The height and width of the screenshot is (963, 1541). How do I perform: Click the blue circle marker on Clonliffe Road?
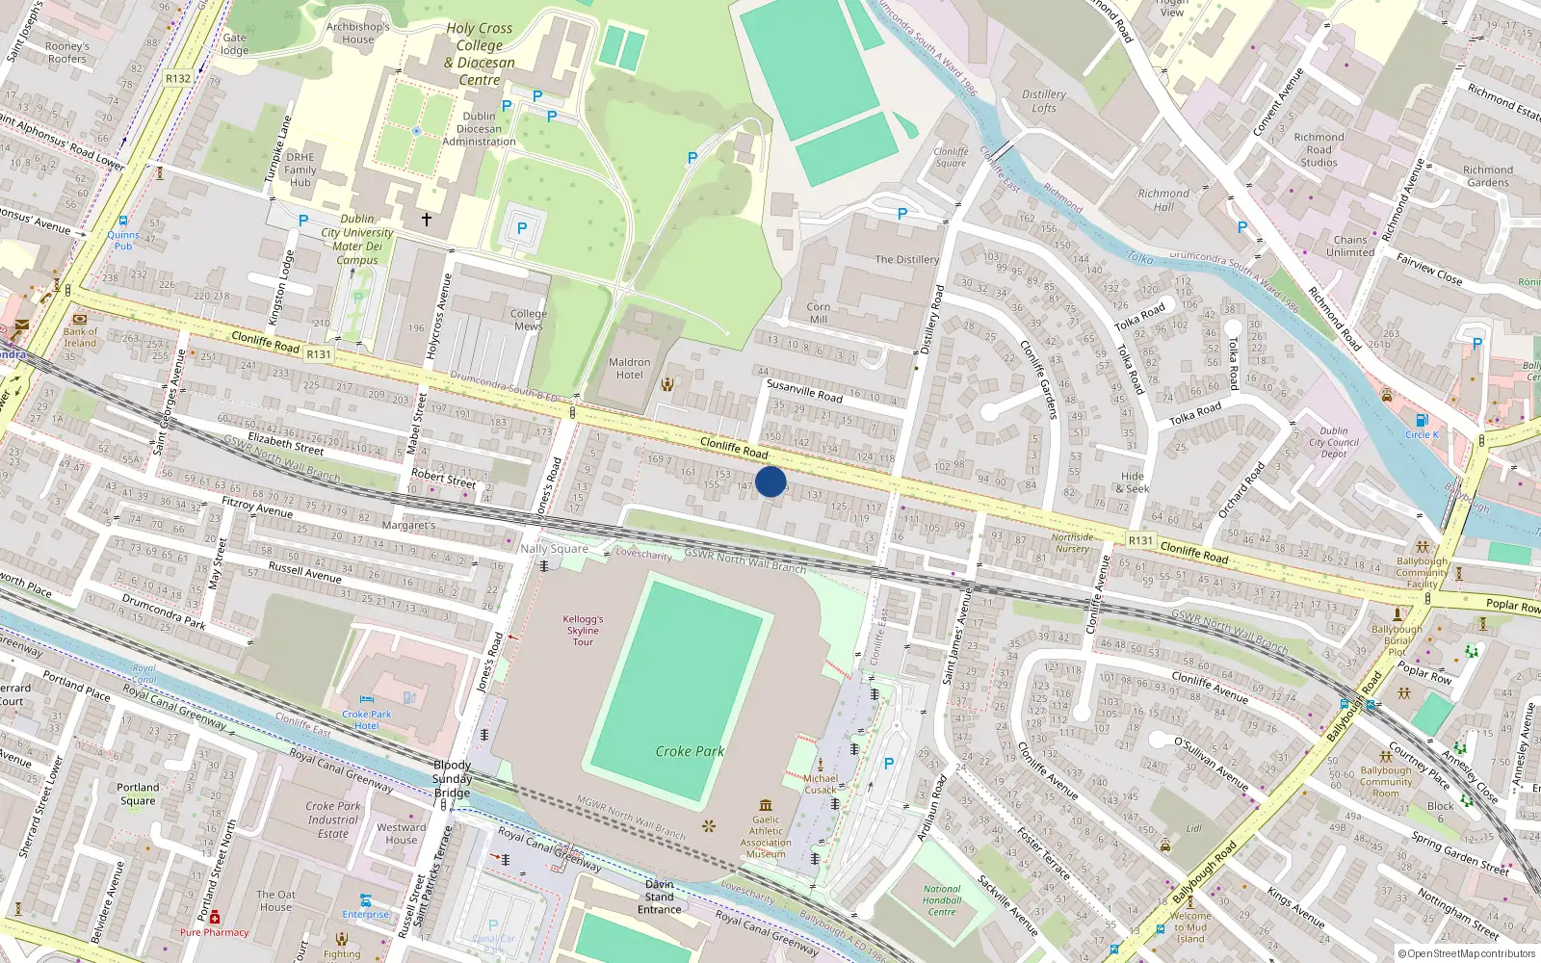coord(770,481)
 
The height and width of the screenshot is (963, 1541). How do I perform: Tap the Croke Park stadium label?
coord(690,751)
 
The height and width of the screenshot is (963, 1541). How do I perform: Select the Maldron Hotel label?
coord(629,369)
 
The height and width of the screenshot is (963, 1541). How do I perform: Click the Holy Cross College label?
coord(480,54)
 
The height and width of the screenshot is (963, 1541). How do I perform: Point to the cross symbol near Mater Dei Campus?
coord(426,220)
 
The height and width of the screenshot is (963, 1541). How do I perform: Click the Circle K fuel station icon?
coord(1422,420)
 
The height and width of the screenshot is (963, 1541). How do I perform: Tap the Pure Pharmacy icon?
coord(214,918)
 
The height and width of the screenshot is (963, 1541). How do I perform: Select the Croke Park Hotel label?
coord(366,719)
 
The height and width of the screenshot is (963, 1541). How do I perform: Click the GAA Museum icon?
coord(766,805)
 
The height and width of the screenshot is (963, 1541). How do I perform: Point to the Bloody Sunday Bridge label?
coord(452,779)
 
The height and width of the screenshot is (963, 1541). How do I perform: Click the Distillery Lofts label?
coord(1044,101)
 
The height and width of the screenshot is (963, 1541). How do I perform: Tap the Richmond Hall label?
coord(1163,199)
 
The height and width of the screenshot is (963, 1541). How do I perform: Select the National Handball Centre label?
coord(942,900)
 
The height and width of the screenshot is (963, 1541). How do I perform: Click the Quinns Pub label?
coord(123,240)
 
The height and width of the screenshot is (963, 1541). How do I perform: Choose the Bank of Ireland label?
coord(80,337)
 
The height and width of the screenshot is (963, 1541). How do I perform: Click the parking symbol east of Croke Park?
coord(888,764)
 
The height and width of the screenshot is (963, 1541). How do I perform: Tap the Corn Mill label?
coord(819,313)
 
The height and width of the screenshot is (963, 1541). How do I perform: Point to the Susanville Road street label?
coord(804,390)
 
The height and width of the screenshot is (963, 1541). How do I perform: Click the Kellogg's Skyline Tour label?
coord(583,630)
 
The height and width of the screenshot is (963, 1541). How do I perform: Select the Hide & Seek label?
coord(1133,482)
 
